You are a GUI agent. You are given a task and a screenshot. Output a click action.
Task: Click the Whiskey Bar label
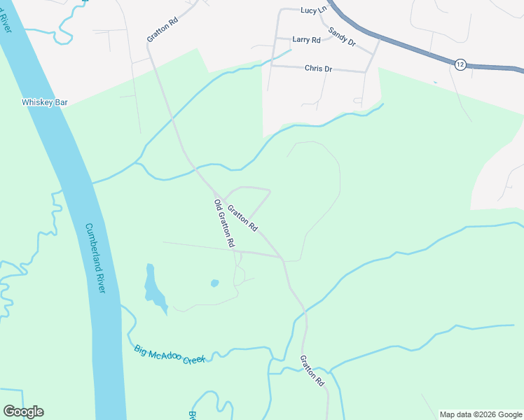coord(45,102)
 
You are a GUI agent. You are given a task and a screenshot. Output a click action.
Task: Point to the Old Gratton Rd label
coord(224,223)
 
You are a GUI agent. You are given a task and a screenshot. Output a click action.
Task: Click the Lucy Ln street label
coord(313,10)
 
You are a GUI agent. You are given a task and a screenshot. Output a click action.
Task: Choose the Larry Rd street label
coord(306,40)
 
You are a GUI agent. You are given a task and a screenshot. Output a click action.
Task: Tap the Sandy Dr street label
coord(342,38)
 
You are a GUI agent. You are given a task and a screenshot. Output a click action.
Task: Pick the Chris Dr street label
coord(318,69)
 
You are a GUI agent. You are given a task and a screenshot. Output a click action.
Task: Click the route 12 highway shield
coord(460,64)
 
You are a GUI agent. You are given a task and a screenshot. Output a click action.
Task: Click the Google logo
coord(23,412)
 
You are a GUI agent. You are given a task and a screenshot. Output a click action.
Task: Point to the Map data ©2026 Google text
coord(481,414)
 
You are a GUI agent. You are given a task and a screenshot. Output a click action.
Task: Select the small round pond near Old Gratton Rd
coord(214,283)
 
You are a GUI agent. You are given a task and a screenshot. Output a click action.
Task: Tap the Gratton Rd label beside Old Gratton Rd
coord(243,218)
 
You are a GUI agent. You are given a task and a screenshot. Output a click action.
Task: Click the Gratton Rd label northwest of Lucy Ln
coord(163,29)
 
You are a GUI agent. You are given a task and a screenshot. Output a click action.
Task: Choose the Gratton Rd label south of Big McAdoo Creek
coord(312,371)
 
